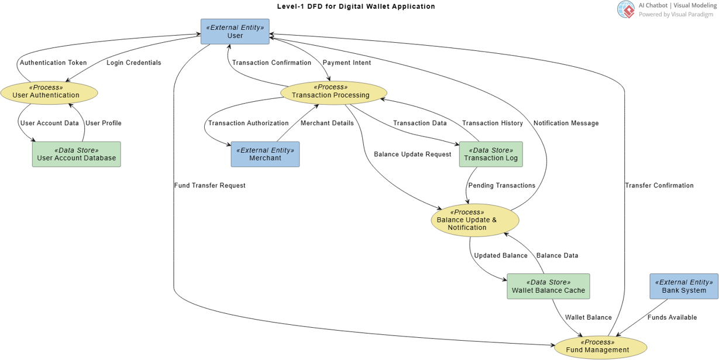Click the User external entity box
point(235,32)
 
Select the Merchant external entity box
point(265,154)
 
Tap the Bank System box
point(683,286)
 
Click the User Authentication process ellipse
point(49,92)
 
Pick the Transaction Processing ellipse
point(333,92)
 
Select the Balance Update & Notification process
point(475,221)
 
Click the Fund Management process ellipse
point(600,347)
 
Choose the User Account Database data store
point(77,154)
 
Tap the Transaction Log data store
point(491,154)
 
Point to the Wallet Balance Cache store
point(548,286)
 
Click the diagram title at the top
point(356,6)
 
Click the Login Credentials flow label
point(134,63)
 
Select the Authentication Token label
point(53,63)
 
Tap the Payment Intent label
point(347,63)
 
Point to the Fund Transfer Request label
point(209,186)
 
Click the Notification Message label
point(566,123)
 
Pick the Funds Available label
point(672,317)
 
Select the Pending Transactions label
point(501,186)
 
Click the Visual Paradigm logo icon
point(625,9)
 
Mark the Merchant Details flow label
point(327,123)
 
